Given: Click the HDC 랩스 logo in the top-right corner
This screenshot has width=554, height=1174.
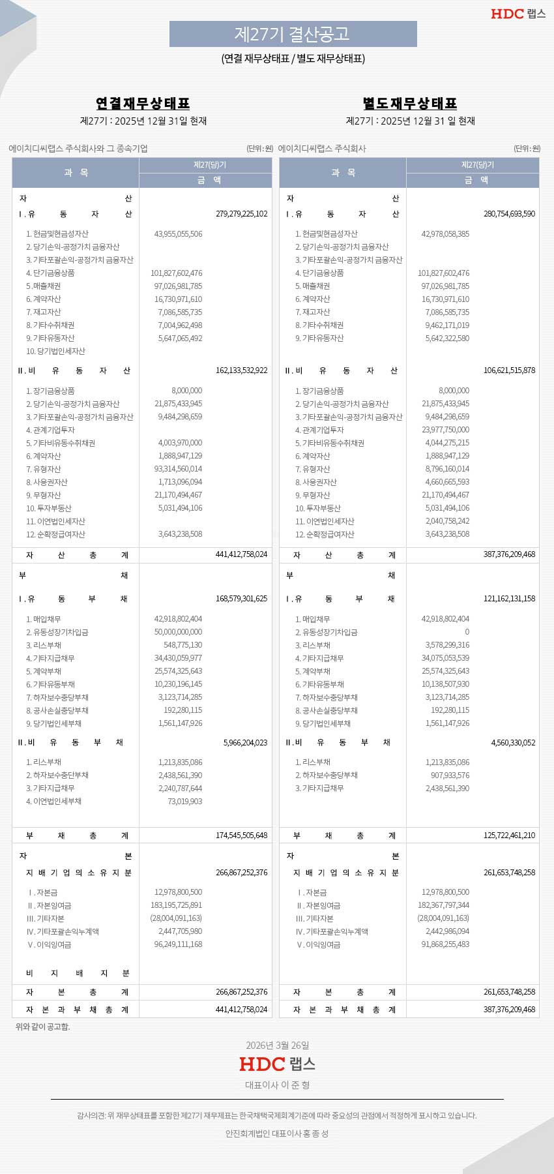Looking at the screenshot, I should pyautogui.click(x=518, y=14).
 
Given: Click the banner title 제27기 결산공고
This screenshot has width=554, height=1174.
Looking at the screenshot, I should pyautogui.click(x=293, y=34).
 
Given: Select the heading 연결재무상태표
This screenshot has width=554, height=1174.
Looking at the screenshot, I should pyautogui.click(x=143, y=104).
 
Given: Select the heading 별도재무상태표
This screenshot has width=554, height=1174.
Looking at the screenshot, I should pyautogui.click(x=410, y=104).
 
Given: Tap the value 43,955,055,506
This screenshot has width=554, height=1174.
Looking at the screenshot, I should pyautogui.click(x=178, y=234).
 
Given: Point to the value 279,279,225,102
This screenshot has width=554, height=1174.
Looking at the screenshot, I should pyautogui.click(x=241, y=214).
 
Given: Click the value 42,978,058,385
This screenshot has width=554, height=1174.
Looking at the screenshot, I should pyautogui.click(x=445, y=234).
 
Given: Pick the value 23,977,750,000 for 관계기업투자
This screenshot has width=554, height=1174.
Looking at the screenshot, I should pyautogui.click(x=445, y=430).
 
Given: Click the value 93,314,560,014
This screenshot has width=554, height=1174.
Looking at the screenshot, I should pyautogui.click(x=178, y=469).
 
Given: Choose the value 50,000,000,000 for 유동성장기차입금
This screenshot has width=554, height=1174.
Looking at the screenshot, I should pyautogui.click(x=178, y=632).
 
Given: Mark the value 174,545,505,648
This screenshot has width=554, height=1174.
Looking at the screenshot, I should pyautogui.click(x=241, y=835).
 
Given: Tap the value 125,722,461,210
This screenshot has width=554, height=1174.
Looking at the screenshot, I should pyautogui.click(x=509, y=835).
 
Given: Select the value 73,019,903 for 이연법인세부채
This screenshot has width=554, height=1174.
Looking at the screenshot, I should pyautogui.click(x=184, y=802).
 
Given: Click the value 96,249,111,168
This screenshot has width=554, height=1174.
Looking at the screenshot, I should pyautogui.click(x=178, y=944).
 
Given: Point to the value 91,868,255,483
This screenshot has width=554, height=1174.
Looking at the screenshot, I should pyautogui.click(x=445, y=944).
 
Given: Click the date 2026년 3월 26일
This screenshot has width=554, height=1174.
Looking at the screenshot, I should pyautogui.click(x=277, y=1046).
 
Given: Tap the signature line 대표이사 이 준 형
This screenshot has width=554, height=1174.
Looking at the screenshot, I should pyautogui.click(x=277, y=1085).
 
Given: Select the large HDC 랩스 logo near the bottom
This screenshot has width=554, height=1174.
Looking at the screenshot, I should pyautogui.click(x=277, y=1064).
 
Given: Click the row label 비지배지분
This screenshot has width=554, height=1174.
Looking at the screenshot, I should pyautogui.click(x=78, y=974).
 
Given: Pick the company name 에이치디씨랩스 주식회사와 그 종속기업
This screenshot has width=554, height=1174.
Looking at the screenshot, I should pyautogui.click(x=78, y=149).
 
